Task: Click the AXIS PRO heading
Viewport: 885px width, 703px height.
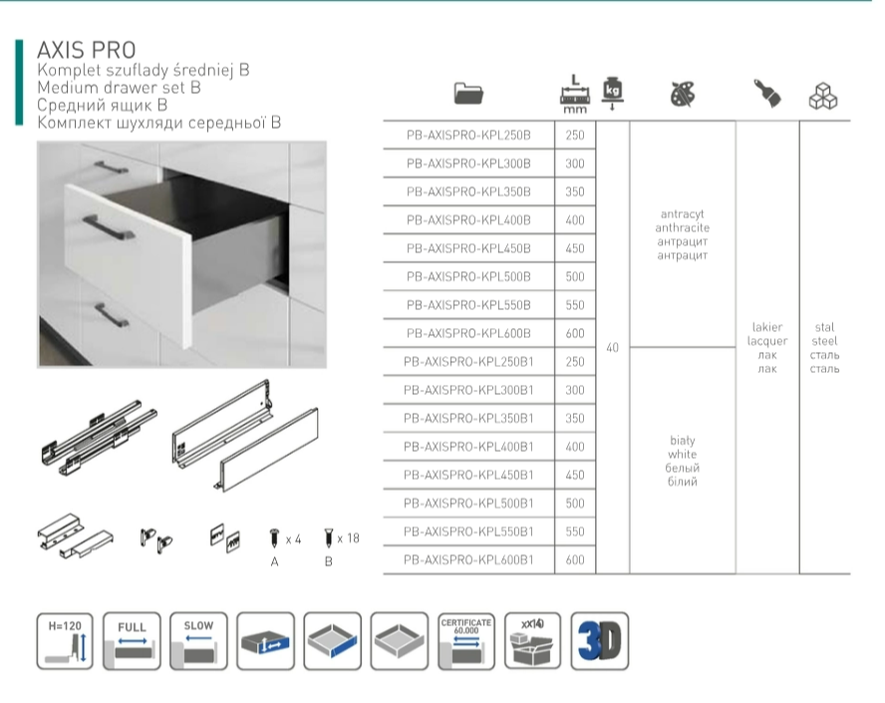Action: click(x=87, y=50)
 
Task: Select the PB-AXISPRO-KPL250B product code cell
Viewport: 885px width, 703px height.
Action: click(x=468, y=135)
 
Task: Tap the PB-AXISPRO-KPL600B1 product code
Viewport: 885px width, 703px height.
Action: click(x=468, y=559)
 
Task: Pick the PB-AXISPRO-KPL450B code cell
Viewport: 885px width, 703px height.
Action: click(x=468, y=248)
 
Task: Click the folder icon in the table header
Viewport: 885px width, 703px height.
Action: click(x=468, y=93)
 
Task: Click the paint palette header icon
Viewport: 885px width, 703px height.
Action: click(x=683, y=95)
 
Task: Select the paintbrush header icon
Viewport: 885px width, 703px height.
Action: click(x=767, y=93)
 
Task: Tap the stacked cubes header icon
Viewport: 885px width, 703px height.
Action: click(x=823, y=96)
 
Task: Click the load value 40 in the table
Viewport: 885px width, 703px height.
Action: click(x=612, y=348)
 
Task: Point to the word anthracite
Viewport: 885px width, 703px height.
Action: click(x=683, y=227)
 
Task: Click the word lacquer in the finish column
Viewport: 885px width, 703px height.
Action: click(x=767, y=341)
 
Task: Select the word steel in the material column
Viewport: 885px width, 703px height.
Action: click(x=824, y=341)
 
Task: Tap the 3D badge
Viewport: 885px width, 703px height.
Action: click(x=599, y=641)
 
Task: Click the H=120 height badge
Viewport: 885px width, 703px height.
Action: click(x=65, y=641)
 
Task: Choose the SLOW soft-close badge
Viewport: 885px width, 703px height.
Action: click(x=198, y=641)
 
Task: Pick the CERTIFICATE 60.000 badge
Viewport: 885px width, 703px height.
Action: click(x=466, y=641)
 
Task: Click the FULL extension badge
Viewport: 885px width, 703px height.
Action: click(x=133, y=641)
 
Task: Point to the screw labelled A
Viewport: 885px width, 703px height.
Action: click(x=274, y=537)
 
